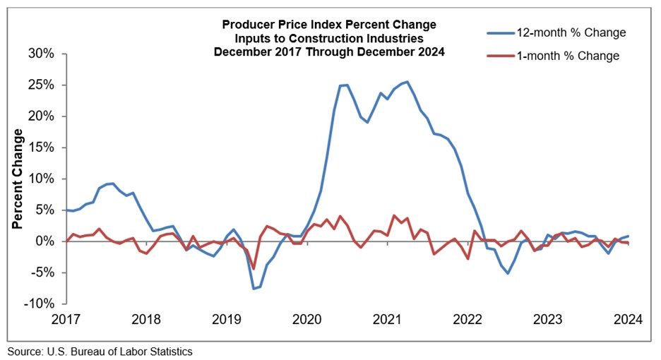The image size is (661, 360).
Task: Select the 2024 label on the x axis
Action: (628, 318)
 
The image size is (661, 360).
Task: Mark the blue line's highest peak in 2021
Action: (407, 82)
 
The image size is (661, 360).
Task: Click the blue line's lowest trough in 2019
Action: (254, 288)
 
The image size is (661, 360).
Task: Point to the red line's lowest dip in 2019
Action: (254, 269)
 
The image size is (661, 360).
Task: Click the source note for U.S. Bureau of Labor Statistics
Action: (100, 351)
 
